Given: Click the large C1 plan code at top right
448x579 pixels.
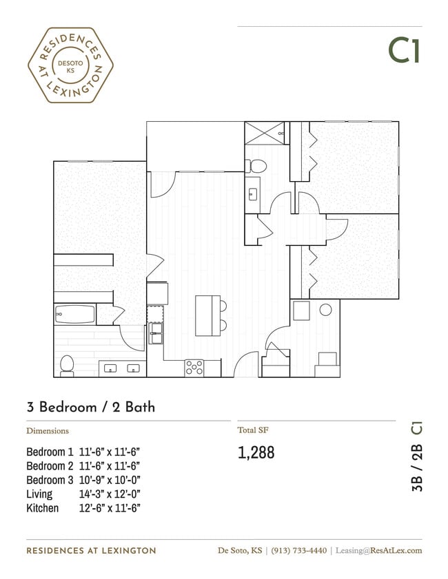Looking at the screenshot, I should click(404, 50).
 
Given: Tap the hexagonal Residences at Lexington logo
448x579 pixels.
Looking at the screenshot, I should click(70, 65).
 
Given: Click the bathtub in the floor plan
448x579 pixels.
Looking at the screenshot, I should click(74, 315).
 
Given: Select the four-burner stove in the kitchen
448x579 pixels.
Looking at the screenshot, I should click(194, 368).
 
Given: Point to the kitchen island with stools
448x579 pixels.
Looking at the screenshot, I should click(207, 315).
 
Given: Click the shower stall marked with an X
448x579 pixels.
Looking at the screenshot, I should click(265, 132).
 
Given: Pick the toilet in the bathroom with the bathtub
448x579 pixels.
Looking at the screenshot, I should click(67, 364).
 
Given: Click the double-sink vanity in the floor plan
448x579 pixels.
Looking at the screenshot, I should click(122, 368).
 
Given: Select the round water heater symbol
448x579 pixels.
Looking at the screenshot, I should click(325, 310).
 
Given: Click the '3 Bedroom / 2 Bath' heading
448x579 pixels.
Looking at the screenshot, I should click(90, 407).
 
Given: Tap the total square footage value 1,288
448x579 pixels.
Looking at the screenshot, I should click(256, 452).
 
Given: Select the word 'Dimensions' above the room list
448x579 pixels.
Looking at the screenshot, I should click(48, 431).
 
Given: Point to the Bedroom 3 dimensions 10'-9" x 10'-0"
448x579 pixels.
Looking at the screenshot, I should click(110, 480).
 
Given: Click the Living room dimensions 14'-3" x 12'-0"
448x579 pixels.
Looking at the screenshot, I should click(110, 494).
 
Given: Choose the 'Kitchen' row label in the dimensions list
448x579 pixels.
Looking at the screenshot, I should click(43, 508).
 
